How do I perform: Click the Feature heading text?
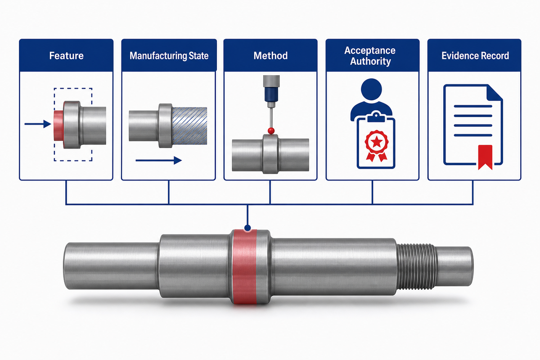pos(66,56)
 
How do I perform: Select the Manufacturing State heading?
pos(169,56)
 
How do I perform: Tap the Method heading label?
pos(270,56)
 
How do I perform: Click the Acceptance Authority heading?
pos(370,56)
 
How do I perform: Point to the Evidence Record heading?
pos(475,56)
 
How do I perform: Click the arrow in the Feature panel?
pos(38,124)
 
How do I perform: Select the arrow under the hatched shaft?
pos(158,160)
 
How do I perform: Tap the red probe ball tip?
pos(271,131)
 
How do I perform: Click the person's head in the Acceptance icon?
pos(371,89)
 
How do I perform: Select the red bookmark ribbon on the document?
pos(485,157)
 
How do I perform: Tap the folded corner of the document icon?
pos(494,93)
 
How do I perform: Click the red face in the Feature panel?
pos(58,126)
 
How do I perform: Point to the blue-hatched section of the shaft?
pos(189,126)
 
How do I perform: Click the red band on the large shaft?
pos(244,266)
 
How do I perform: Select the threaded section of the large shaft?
pos(416,266)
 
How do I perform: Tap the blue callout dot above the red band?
pos(247,228)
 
